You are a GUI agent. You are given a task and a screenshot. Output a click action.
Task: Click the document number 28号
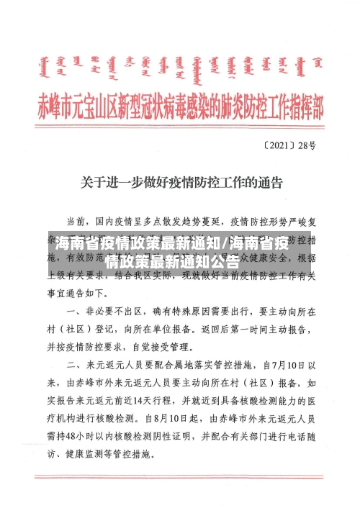pyautogui.click(x=307, y=146)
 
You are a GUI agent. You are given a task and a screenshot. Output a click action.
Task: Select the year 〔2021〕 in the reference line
pyautogui.click(x=278, y=146)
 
